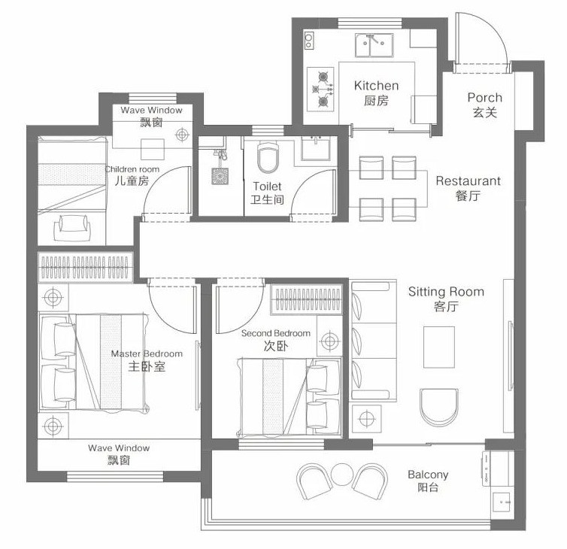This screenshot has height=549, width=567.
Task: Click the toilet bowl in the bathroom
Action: pos(268,157)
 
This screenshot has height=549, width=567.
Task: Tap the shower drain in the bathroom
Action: pos(220,176)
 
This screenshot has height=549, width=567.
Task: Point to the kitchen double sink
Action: pos(374,45)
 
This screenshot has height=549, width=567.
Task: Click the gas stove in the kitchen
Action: pos(320,89)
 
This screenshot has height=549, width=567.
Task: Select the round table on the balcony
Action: pos(341,475)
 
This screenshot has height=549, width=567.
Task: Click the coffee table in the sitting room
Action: pos(439,347)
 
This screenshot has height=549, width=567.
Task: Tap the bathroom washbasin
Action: pos(316,148)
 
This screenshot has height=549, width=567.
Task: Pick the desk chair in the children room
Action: pos(72,227)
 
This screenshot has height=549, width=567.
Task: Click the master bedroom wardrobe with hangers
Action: pos(85,267)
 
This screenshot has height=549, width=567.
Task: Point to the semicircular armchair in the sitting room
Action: pos(439,407)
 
